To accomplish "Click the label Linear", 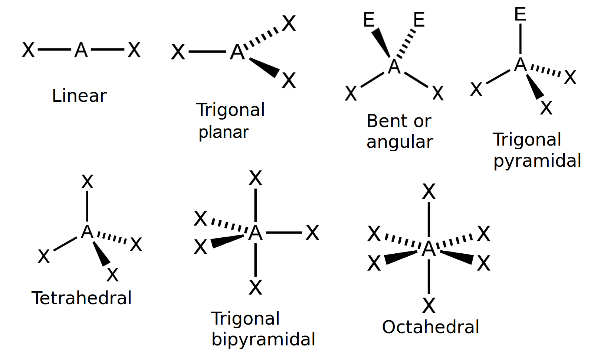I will [79, 96].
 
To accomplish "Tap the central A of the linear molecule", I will [81, 50].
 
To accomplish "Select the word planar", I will [223, 132].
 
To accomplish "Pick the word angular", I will [400, 142].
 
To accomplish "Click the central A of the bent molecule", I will [394, 67].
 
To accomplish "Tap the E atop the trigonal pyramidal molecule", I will [520, 14].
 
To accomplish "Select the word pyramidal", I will [537, 161].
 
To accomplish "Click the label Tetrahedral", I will [82, 298].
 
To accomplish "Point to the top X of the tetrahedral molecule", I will [87, 182].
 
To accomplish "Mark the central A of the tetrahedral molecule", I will [87, 232].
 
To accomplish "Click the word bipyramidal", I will [263, 339].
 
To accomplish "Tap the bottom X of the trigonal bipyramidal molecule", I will [255, 287].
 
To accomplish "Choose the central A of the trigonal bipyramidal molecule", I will [255, 233].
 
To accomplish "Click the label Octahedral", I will [430, 327].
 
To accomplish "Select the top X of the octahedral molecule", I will [429, 192].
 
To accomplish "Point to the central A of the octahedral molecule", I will [429, 249].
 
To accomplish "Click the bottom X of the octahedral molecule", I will [429, 306].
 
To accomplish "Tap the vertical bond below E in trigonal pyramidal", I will [520, 39].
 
